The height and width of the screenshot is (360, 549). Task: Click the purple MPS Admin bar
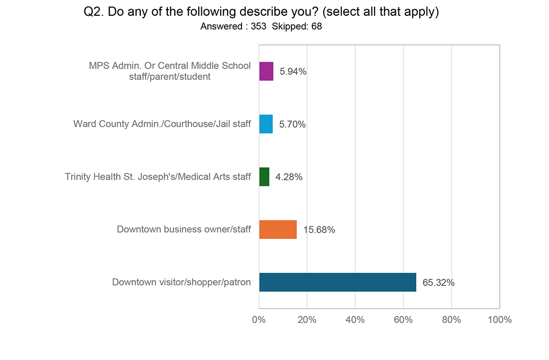pyautogui.click(x=266, y=71)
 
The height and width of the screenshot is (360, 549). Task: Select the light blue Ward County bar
pyautogui.click(x=266, y=124)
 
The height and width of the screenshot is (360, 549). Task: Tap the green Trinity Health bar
pyautogui.click(x=264, y=177)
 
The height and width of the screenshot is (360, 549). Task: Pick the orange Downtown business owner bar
pyautogui.click(x=278, y=229)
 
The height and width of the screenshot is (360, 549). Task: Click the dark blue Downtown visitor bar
pyautogui.click(x=338, y=282)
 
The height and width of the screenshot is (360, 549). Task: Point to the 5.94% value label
pyautogui.click(x=293, y=72)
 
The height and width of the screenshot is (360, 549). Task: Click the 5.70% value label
pyautogui.click(x=293, y=125)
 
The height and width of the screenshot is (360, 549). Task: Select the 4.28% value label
pyautogui.click(x=289, y=177)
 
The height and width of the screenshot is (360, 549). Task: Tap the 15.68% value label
pyautogui.click(x=319, y=230)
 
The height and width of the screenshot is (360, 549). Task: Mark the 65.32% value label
pyautogui.click(x=439, y=283)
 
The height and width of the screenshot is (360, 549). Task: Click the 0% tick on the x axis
pyautogui.click(x=259, y=320)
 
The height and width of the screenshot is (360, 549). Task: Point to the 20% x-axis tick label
pyautogui.click(x=307, y=320)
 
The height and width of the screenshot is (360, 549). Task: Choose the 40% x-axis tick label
pyautogui.click(x=355, y=320)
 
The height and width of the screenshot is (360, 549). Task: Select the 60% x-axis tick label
pyautogui.click(x=403, y=320)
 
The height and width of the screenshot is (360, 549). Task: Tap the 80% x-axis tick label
pyautogui.click(x=451, y=320)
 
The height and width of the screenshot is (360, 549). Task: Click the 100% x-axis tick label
pyautogui.click(x=499, y=320)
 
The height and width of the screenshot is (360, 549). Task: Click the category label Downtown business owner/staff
pyautogui.click(x=184, y=229)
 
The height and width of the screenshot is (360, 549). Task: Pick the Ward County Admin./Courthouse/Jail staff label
pyautogui.click(x=162, y=124)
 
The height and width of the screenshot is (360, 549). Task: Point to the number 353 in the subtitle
pyautogui.click(x=258, y=26)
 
